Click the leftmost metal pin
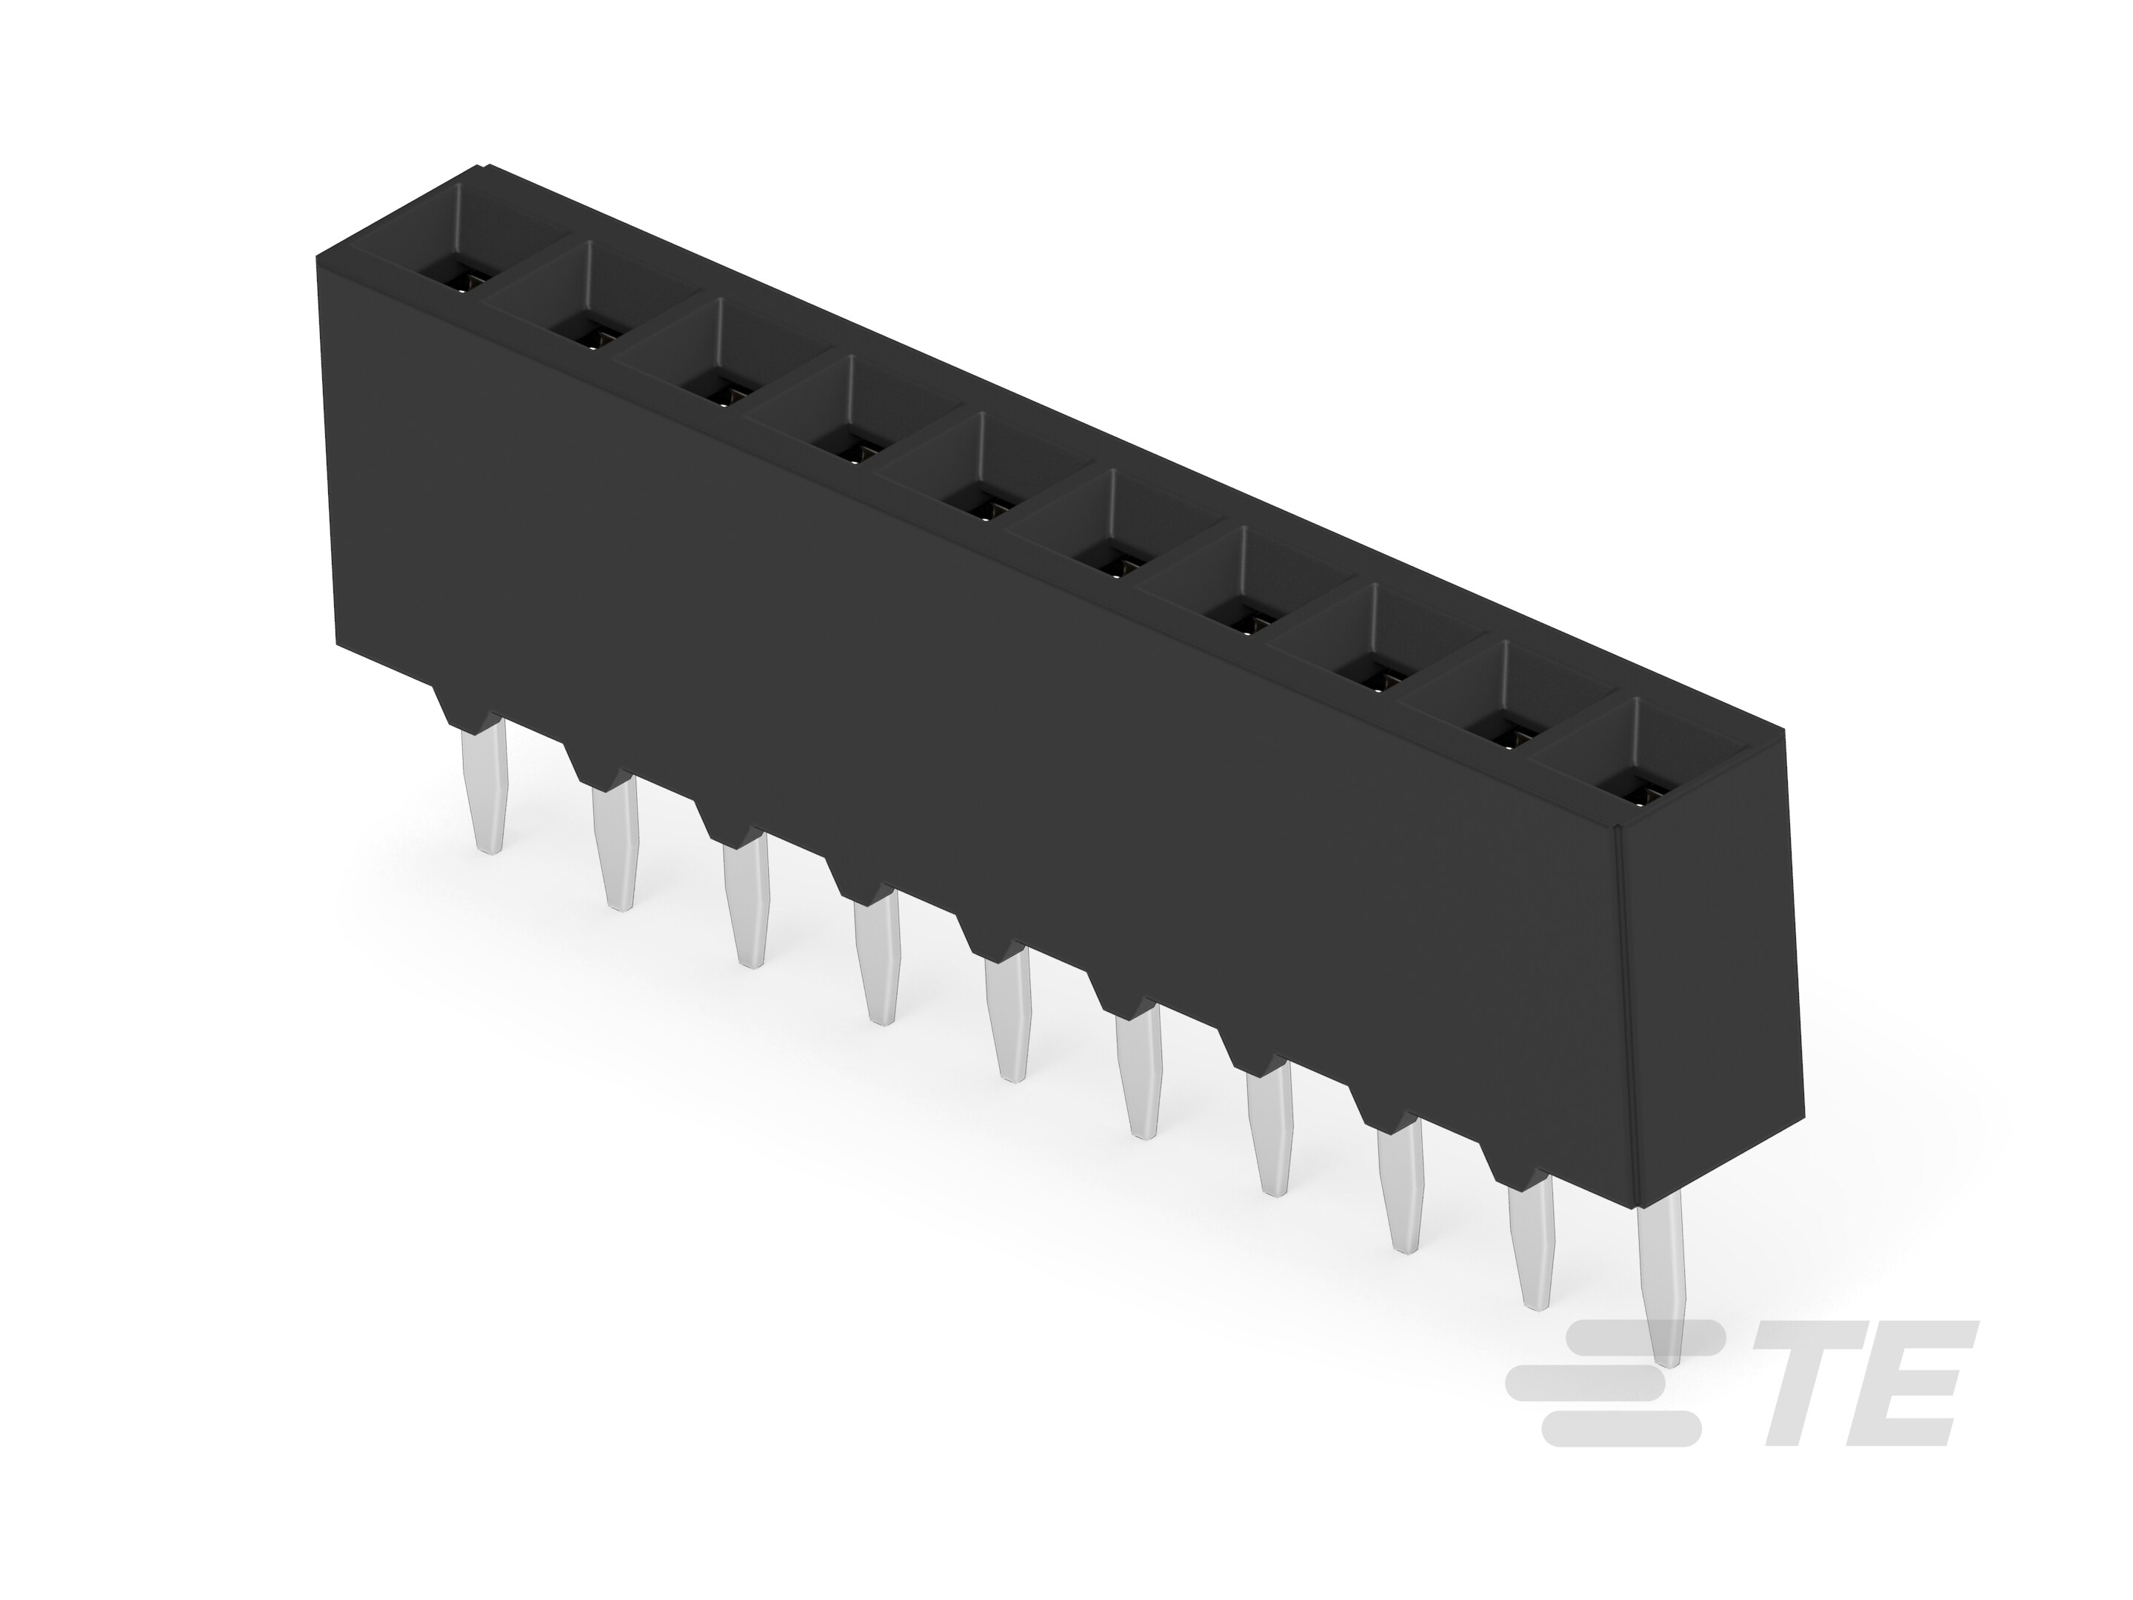coord(488,786)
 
